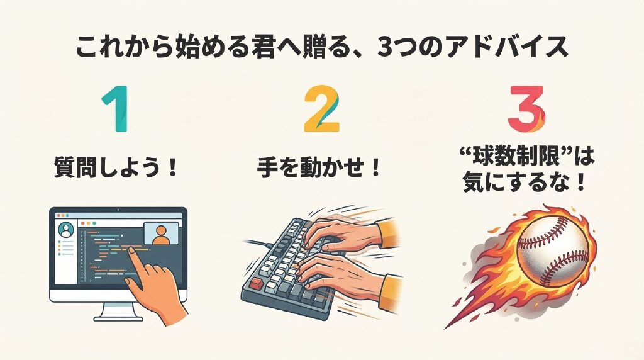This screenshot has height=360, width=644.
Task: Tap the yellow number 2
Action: [321, 109]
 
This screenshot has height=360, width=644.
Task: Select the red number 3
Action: [526, 109]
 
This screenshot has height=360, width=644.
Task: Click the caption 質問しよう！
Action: [116, 168]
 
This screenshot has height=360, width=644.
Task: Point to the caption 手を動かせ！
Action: [319, 168]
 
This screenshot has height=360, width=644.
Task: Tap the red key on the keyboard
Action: [257, 283]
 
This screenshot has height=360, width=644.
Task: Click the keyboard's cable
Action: [257, 243]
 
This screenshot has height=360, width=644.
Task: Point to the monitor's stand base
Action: [118, 317]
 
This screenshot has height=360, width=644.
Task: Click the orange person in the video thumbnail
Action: [160, 235]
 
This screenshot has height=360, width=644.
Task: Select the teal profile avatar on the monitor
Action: [65, 230]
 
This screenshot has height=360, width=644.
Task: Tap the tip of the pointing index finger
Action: [131, 249]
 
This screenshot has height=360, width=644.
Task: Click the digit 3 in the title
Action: [385, 48]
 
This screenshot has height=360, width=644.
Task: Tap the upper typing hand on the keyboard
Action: [345, 233]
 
